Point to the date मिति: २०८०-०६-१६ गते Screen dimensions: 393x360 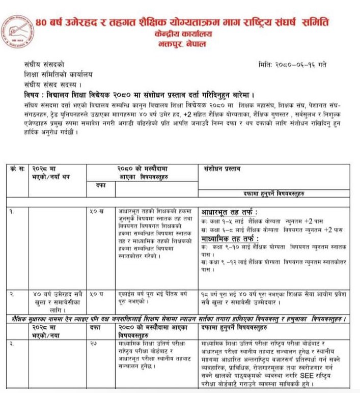pyautogui.click(x=294, y=65)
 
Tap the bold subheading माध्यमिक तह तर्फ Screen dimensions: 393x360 pyautogui.click(x=230, y=238)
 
